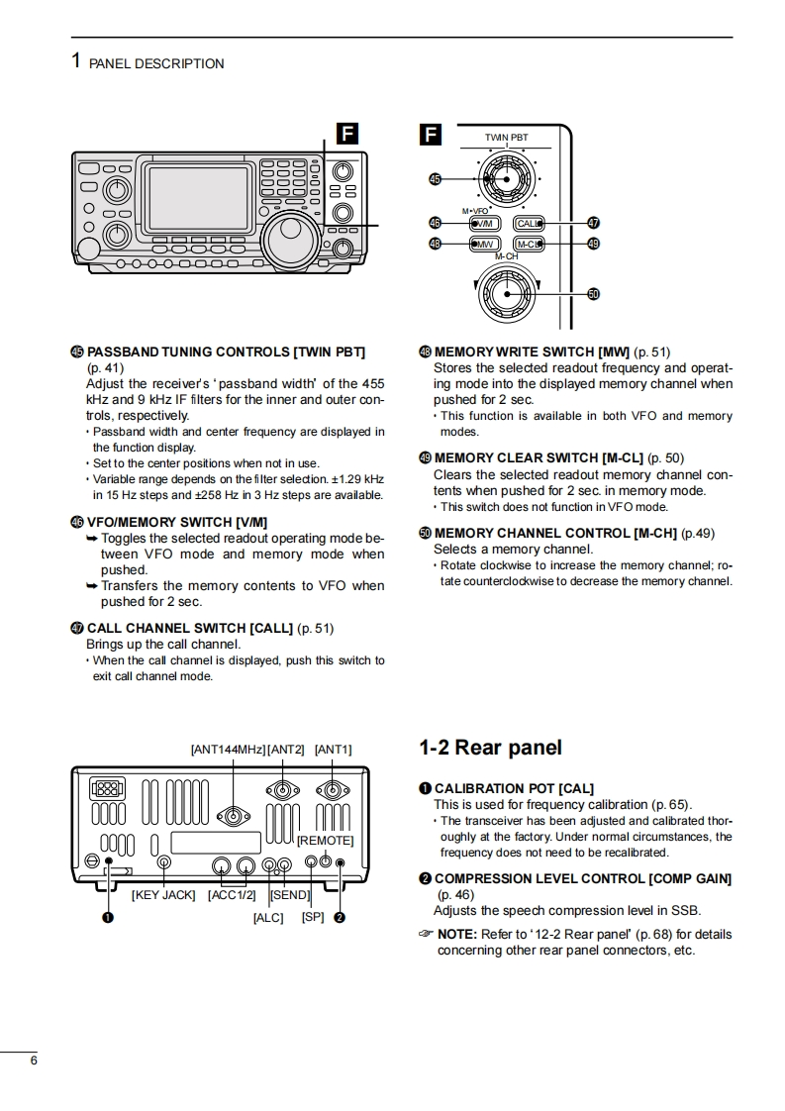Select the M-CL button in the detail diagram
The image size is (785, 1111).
click(530, 244)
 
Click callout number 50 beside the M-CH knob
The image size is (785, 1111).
click(594, 294)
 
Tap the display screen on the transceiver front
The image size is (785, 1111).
click(198, 199)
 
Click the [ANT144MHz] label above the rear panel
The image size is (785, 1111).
click(228, 750)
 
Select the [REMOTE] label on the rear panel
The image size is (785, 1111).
click(325, 841)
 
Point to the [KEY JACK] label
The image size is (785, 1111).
click(164, 895)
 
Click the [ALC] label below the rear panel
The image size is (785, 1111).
click(268, 918)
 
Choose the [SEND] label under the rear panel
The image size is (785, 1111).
click(290, 895)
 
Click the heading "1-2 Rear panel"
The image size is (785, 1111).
click(490, 748)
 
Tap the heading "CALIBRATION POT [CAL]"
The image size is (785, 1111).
click(514, 788)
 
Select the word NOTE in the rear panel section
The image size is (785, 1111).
click(456, 934)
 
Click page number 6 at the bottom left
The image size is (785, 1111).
click(34, 1060)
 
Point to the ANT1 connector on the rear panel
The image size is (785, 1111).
click(332, 790)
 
